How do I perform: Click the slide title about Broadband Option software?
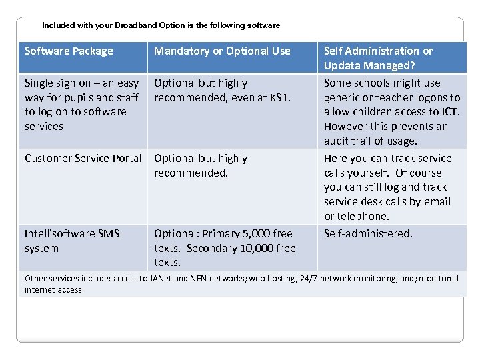pyautogui.click(x=161, y=25)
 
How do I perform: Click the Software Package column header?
pyautogui.click(x=69, y=51)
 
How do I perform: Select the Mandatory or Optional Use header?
pyautogui.click(x=222, y=51)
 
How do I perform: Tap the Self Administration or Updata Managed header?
pyautogui.click(x=378, y=58)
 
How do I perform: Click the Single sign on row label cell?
pyautogui.click(x=81, y=105)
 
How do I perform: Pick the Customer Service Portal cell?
pyautogui.click(x=83, y=158)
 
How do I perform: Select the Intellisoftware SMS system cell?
pyautogui.click(x=71, y=241)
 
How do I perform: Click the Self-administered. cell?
pyautogui.click(x=368, y=233)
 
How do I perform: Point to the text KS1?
pyautogui.click(x=280, y=97)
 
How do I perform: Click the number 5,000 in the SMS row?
pyautogui.click(x=257, y=233)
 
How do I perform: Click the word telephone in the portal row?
pyautogui.click(x=363, y=216)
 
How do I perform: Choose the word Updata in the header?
pyautogui.click(x=342, y=65)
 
